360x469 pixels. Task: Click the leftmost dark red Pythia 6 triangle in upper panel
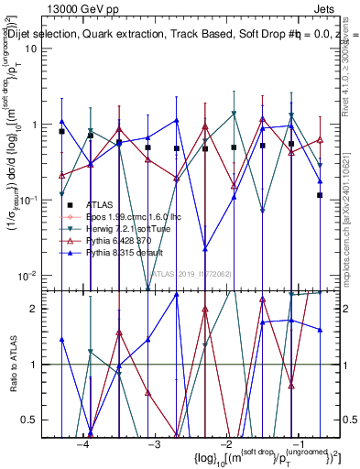pos(61,175)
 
